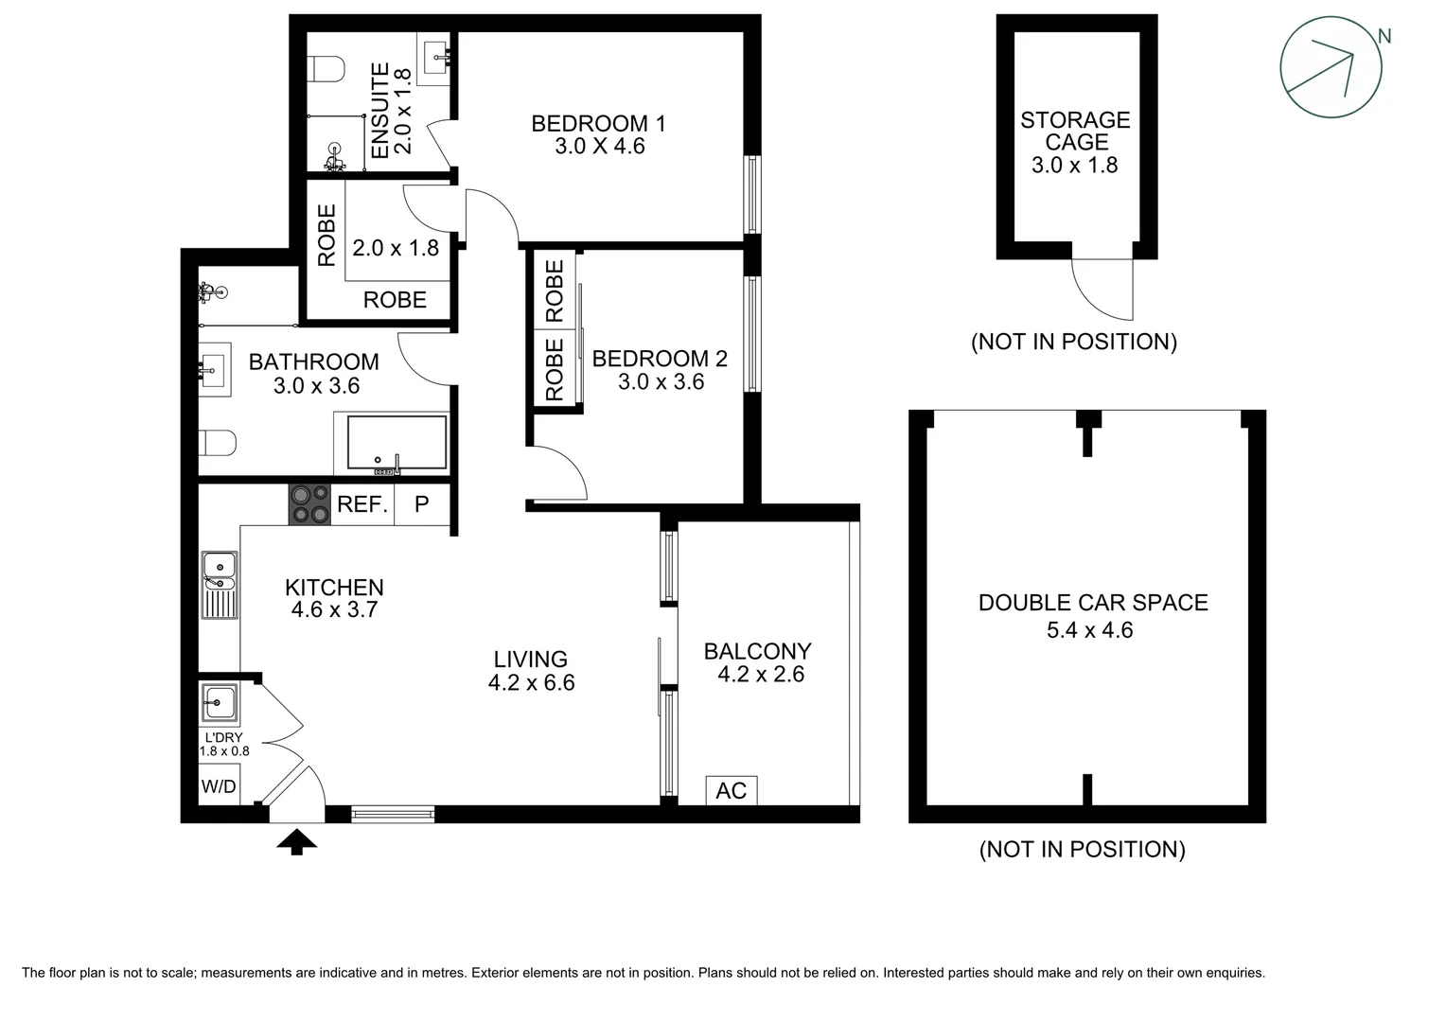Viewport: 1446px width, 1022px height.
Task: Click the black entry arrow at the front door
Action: pyautogui.click(x=296, y=840)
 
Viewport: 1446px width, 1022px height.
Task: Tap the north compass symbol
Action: pyautogui.click(x=1331, y=67)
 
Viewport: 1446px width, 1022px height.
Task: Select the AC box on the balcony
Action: pyautogui.click(x=732, y=790)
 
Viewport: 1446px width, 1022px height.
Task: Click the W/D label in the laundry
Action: pyautogui.click(x=219, y=786)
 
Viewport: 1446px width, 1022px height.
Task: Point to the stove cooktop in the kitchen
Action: pyautogui.click(x=309, y=503)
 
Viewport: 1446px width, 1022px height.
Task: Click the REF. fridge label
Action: pyautogui.click(x=362, y=504)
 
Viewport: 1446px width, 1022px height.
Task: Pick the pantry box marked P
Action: pyautogui.click(x=422, y=504)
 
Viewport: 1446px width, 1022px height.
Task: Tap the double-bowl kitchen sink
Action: pyautogui.click(x=220, y=585)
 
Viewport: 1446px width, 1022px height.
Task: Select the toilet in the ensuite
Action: pyautogui.click(x=326, y=69)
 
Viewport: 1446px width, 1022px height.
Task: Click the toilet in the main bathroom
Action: pyautogui.click(x=218, y=443)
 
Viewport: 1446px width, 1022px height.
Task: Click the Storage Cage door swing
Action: pyautogui.click(x=1105, y=289)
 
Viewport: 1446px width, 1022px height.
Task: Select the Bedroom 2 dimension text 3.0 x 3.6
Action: pyautogui.click(x=661, y=382)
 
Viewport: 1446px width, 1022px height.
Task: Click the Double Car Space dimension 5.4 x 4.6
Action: pyautogui.click(x=1089, y=630)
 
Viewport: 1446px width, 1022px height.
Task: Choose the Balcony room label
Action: pyautogui.click(x=757, y=651)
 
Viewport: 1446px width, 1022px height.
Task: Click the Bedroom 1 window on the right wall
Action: pyautogui.click(x=752, y=194)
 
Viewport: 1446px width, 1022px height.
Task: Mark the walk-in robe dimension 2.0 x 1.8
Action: pyautogui.click(x=396, y=248)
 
